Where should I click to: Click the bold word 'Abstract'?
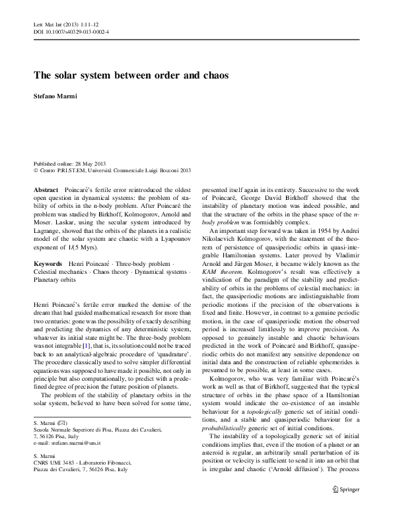tap(47, 189)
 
